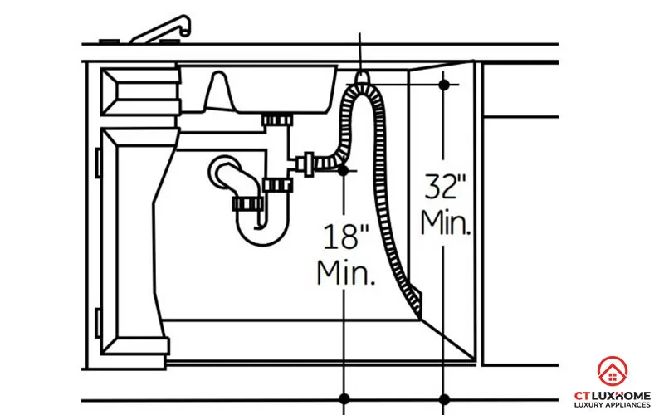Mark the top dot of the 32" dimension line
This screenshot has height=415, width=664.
[x=444, y=84]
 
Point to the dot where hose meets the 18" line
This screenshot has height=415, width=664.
[x=342, y=170]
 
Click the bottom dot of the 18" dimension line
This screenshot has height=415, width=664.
[x=342, y=396]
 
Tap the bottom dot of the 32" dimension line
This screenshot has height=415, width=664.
[x=444, y=396]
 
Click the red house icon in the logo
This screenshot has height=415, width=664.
[x=613, y=371]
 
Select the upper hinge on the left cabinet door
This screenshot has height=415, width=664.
[x=98, y=160]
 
